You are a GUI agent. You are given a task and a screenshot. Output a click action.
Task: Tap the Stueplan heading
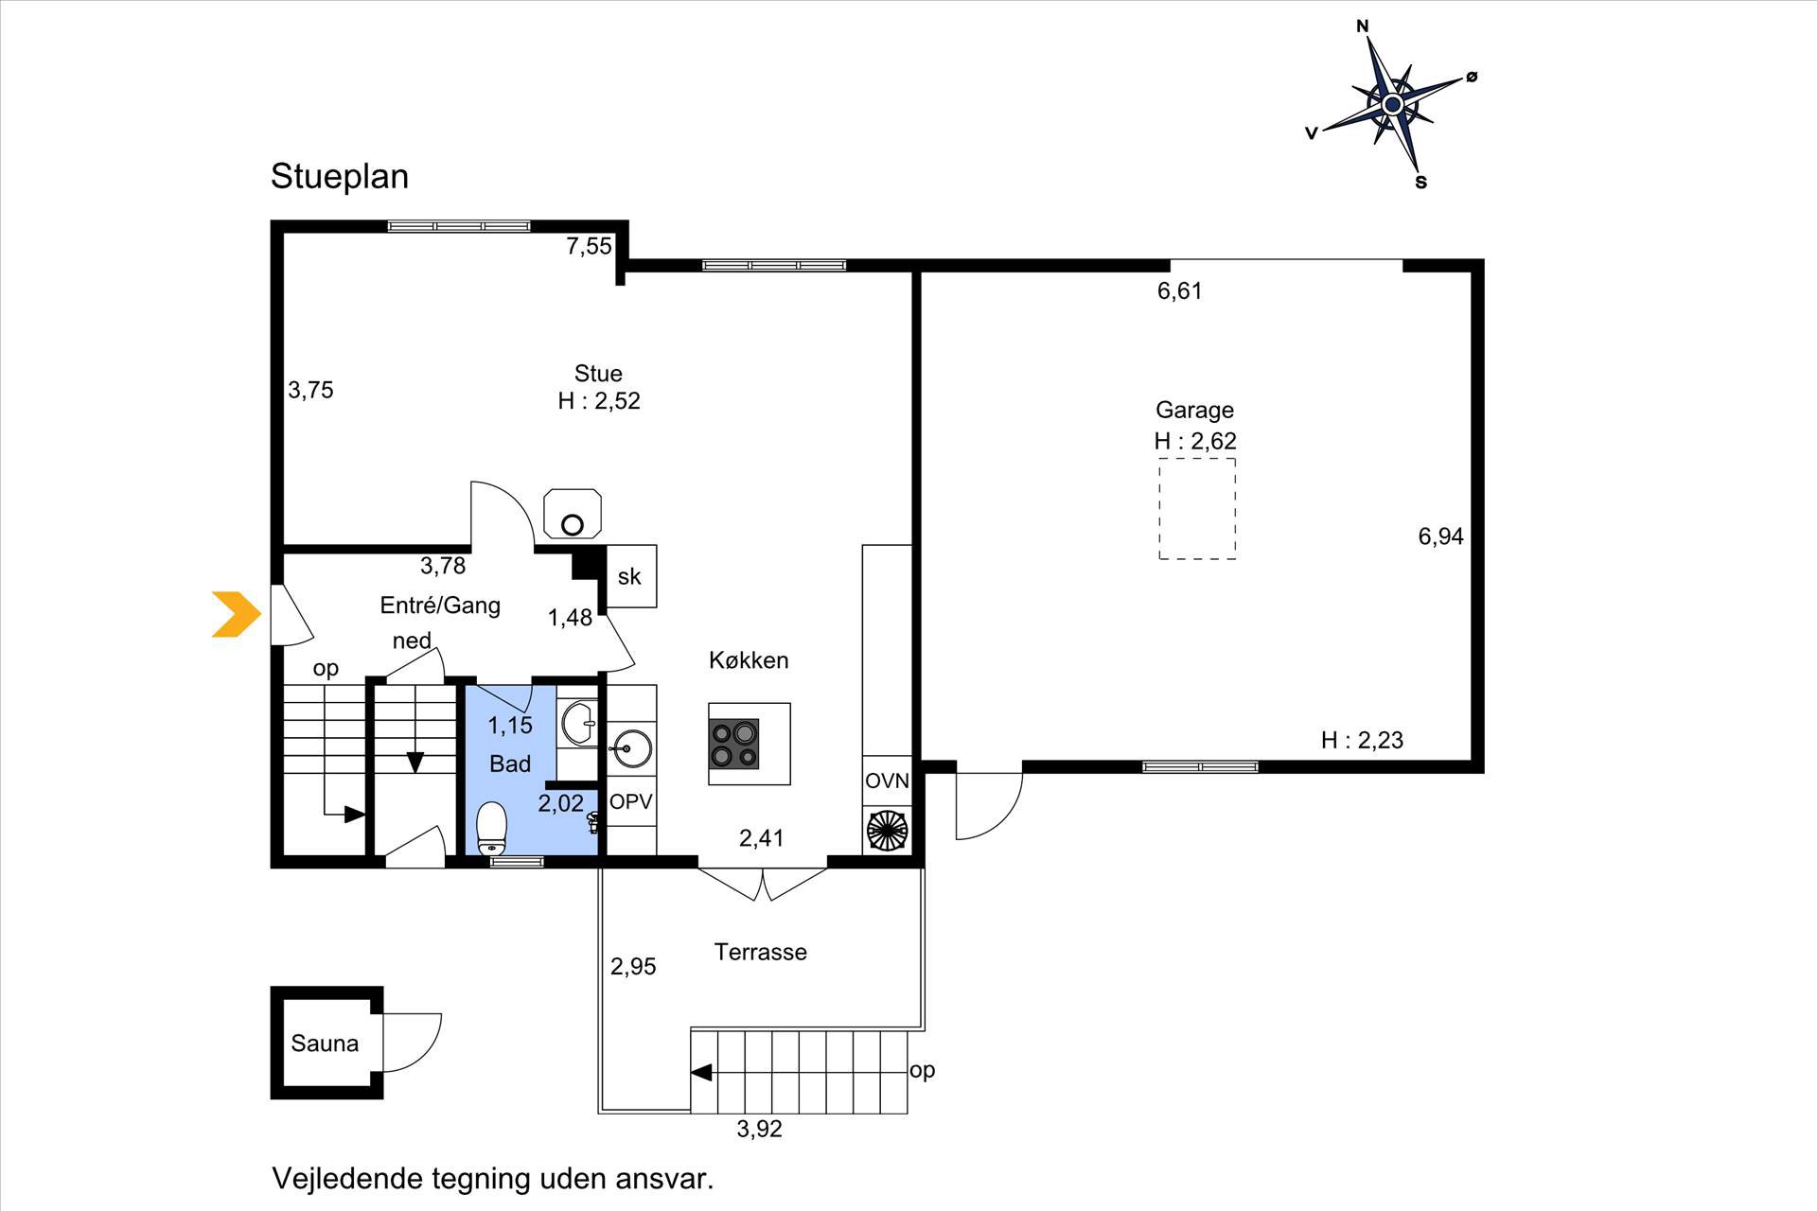340,177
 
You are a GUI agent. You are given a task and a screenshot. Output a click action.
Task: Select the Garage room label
1194,410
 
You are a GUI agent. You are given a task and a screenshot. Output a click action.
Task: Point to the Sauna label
325,1044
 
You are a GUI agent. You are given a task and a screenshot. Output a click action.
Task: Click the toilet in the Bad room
492,829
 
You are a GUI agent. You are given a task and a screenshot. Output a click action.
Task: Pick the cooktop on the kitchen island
734,744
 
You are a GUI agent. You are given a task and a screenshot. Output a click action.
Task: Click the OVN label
887,781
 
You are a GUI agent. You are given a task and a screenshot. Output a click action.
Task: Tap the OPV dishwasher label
631,802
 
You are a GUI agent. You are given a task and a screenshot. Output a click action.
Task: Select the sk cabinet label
629,576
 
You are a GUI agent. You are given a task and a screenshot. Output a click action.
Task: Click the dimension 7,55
589,247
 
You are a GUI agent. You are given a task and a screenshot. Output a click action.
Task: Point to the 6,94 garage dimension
1440,536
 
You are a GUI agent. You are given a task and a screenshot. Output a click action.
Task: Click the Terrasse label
760,952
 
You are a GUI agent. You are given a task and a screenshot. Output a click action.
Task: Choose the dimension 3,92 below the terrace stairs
759,1129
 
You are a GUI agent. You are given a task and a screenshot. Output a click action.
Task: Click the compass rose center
1392,103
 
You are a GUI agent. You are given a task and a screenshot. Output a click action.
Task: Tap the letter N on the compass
1363,26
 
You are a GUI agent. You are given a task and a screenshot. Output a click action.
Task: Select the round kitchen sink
630,749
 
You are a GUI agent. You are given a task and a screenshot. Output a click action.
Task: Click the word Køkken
749,660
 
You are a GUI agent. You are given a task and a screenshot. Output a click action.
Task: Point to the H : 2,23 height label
1362,740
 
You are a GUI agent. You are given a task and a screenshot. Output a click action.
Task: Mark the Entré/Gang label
440,605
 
